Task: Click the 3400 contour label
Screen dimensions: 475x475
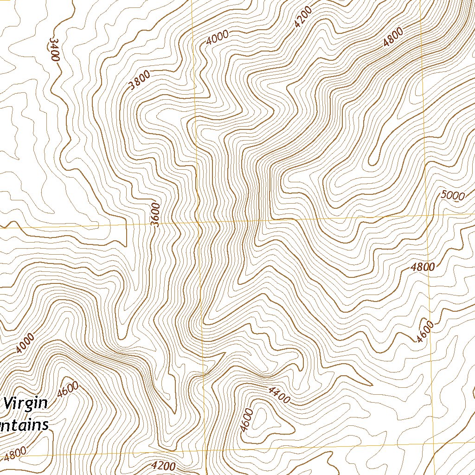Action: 55,50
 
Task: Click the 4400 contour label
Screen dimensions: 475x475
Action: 278,394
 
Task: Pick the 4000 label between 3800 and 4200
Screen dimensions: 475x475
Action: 218,37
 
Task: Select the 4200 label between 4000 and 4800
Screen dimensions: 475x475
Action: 302,17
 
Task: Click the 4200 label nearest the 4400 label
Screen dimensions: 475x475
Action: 164,466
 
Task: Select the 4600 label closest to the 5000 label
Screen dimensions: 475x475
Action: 425,332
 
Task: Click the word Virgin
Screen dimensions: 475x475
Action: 26,403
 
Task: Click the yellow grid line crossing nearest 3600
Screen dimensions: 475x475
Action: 198,222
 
